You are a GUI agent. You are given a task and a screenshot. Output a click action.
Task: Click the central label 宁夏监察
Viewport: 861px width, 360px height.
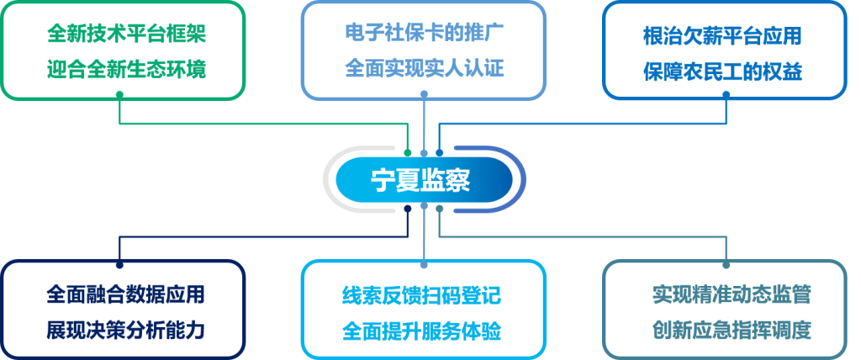(423, 179)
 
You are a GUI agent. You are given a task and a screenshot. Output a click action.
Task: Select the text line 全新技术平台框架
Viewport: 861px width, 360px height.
(126, 36)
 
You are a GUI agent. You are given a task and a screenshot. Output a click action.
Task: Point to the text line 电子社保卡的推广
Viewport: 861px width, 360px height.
(424, 36)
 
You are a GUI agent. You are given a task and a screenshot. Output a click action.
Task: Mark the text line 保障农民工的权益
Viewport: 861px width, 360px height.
(722, 71)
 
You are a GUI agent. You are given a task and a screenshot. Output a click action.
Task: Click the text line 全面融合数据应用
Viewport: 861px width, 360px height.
(125, 295)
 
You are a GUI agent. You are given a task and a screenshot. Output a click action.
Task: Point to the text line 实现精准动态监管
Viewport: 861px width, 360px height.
(731, 294)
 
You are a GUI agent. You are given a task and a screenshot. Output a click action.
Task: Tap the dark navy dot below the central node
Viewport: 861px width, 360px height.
(408, 206)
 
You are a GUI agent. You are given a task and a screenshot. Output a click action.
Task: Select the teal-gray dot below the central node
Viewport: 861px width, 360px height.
(440, 206)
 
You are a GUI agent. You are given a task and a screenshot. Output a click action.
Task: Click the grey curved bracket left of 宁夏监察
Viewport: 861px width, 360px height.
(330, 179)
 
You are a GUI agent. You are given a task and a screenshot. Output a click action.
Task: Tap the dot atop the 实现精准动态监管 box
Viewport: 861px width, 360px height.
(725, 257)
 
